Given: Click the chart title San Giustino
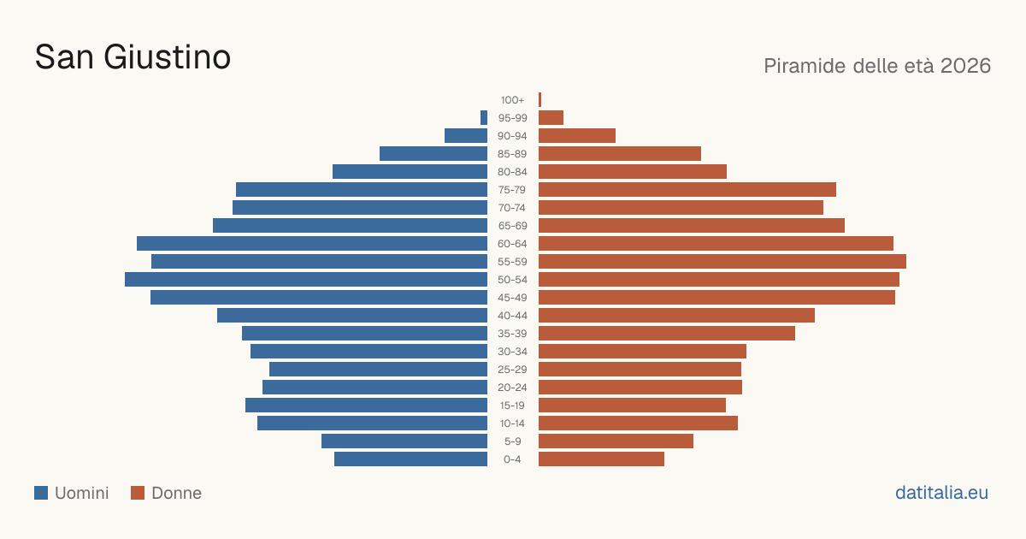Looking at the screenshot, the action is [133, 57].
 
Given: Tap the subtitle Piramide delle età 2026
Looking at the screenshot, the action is [877, 66].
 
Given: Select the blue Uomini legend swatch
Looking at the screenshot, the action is [41, 493].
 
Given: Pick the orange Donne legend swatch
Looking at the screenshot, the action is [138, 493].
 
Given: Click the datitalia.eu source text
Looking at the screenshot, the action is [941, 493].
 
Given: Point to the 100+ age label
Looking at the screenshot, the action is [512, 100].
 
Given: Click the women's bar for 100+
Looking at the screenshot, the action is [540, 100].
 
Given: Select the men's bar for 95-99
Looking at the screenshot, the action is [484, 118].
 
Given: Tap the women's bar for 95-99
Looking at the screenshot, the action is [551, 118].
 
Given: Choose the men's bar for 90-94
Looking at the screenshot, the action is [466, 136].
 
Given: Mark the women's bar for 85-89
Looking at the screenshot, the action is [620, 153].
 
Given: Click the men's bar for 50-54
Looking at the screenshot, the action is [306, 280].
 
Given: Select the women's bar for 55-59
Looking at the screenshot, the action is [722, 262].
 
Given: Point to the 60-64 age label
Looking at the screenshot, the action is [512, 244].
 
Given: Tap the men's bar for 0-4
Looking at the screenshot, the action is [411, 459].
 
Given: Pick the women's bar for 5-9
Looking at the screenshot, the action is [616, 441].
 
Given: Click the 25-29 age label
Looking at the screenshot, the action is [512, 370].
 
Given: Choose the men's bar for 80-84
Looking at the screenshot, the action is [410, 172].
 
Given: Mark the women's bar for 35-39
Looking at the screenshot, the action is [667, 334].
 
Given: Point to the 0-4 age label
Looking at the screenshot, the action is [512, 459].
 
